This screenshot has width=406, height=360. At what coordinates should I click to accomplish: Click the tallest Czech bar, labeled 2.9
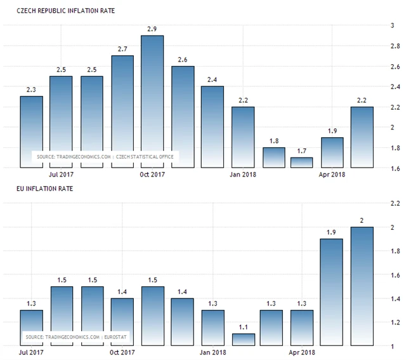pos(152,102)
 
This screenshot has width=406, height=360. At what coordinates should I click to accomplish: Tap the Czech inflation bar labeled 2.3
pos(31,131)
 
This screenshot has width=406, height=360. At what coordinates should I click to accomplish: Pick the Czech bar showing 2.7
pos(122,111)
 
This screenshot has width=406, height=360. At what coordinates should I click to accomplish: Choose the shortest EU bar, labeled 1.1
pos(244,340)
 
